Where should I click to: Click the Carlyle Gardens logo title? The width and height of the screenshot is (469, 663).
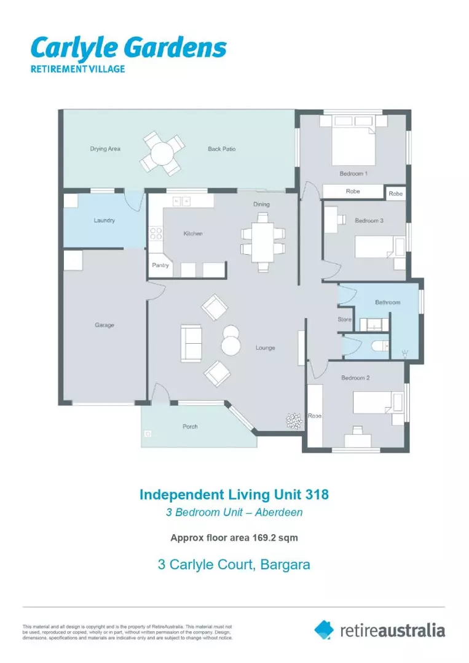click(x=128, y=48)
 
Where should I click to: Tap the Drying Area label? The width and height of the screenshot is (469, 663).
click(x=105, y=149)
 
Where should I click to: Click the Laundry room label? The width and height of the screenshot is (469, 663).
click(x=104, y=220)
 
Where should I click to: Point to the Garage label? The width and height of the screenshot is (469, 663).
click(x=104, y=325)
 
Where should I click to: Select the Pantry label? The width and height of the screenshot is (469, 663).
click(x=160, y=266)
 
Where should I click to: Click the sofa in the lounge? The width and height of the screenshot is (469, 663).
click(x=190, y=343)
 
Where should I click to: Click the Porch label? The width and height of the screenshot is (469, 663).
click(x=190, y=427)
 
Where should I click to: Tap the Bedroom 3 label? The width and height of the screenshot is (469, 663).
click(x=369, y=220)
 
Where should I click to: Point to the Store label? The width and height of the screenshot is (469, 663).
click(x=345, y=320)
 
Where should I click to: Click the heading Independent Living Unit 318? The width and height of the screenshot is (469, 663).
click(x=234, y=494)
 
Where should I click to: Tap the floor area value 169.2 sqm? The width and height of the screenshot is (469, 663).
click(x=275, y=538)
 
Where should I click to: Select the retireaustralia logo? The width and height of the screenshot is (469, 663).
click(x=379, y=630)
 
